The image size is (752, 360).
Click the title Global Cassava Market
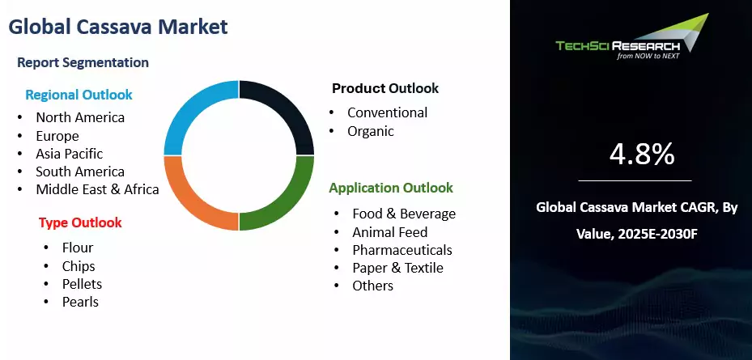pos(118,27)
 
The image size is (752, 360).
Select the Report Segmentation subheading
pos(83,62)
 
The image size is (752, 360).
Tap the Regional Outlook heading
pos(79,95)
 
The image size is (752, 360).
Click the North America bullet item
pos(80,117)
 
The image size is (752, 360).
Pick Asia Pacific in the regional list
pos(69,154)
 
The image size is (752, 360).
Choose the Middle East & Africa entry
pos(97,189)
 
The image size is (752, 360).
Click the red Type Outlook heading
pos(80,222)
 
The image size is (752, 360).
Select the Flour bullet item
pos(78,248)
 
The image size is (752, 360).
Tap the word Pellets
pos(82,284)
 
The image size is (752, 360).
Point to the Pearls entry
pos(80,302)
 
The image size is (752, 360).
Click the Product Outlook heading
pos(385,88)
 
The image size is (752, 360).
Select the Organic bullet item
pos(371,131)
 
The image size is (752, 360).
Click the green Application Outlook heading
pos(391,188)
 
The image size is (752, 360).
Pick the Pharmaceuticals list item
pos(402,250)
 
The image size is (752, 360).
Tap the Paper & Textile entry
pos(397,268)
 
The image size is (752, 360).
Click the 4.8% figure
pos(641,154)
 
